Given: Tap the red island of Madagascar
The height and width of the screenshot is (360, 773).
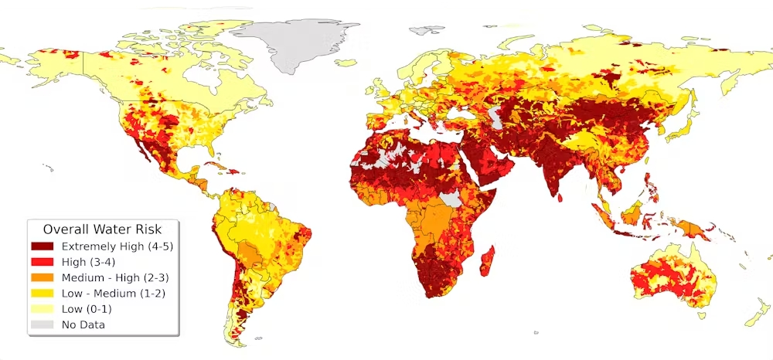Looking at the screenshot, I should pyautogui.click(x=489, y=259).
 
